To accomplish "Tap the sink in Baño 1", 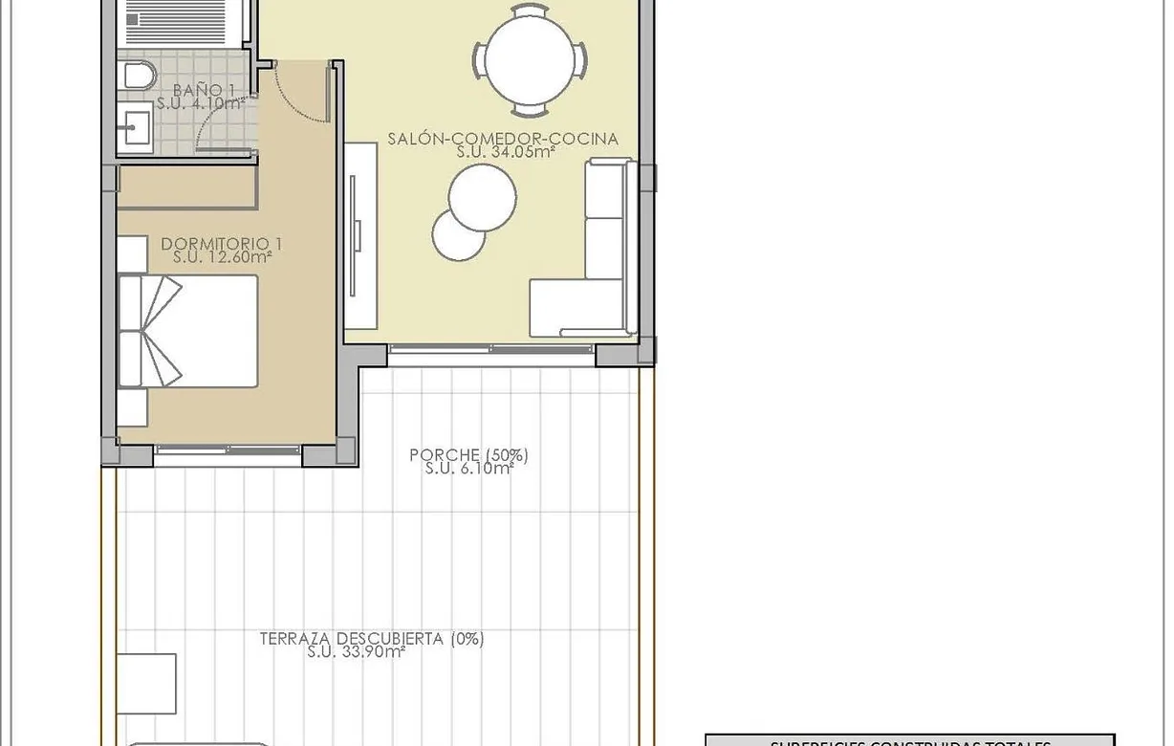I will click(x=135, y=126).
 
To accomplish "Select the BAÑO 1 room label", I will click(x=204, y=90).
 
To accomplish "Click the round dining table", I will click(x=529, y=60).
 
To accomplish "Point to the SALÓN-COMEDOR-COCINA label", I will click(x=503, y=139).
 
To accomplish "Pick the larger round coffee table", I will click(x=483, y=198).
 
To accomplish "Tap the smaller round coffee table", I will click(x=458, y=234).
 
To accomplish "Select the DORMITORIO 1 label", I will click(x=222, y=244).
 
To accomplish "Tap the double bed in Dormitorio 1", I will click(x=191, y=331).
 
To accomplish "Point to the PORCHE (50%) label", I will click(x=468, y=455).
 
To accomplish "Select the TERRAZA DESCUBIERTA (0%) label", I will click(x=371, y=639).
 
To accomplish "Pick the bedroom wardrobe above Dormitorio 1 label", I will click(x=186, y=187).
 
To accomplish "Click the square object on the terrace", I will click(x=146, y=683).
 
